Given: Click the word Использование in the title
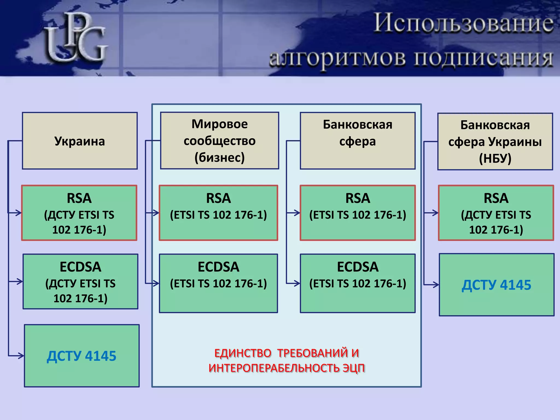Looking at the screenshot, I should click(x=463, y=23).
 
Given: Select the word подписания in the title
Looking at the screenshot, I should click(x=483, y=58).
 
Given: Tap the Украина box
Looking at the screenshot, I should click(x=80, y=141).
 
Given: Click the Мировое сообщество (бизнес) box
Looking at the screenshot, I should click(x=220, y=141).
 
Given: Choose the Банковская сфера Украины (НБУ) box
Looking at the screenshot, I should click(x=495, y=142).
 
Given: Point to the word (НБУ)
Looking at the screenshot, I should click(x=495, y=158).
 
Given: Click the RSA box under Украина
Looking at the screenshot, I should click(x=79, y=213).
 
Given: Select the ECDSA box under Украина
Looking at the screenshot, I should click(x=80, y=282).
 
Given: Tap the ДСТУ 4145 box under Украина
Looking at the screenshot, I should click(x=82, y=356).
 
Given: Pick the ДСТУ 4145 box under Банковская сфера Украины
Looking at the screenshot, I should click(x=497, y=285).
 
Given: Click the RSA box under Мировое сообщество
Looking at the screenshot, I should click(x=218, y=213).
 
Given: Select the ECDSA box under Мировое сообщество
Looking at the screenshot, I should click(x=218, y=283).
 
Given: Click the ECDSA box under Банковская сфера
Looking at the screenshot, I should click(x=358, y=283).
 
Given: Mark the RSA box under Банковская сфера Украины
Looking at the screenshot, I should click(x=496, y=213).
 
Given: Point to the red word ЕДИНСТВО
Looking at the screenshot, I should click(x=243, y=353).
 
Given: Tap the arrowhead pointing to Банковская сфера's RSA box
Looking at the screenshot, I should click(x=297, y=213).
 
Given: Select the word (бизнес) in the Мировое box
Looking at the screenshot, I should click(x=220, y=157).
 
